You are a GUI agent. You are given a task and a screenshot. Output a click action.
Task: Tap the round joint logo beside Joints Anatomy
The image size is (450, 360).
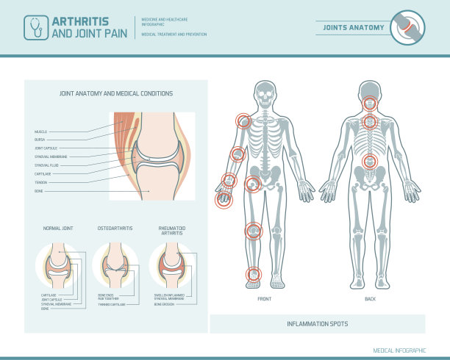[x=407, y=27]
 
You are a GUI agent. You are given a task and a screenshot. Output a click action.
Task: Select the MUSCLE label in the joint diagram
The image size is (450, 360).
[x=40, y=132]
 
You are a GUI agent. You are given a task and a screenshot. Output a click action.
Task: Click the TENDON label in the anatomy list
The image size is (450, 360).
[x=40, y=181]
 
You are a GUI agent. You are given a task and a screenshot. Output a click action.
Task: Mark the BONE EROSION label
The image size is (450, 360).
[x=184, y=303]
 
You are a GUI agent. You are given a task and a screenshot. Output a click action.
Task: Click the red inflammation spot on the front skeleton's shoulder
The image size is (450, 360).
[x=243, y=121]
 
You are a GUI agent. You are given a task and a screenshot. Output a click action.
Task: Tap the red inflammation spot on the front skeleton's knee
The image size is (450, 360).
[x=252, y=231]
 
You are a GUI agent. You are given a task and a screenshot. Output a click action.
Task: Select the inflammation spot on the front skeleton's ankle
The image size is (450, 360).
[x=253, y=274]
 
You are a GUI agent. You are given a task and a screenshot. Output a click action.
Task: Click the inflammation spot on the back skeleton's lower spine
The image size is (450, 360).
[x=370, y=161]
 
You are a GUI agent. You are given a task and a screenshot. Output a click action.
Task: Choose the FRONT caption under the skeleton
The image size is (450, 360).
[x=265, y=300]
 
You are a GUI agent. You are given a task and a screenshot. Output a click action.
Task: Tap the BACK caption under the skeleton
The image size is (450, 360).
[x=370, y=300]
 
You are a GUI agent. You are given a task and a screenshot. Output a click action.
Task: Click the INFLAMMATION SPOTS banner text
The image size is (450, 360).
[x=318, y=324]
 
